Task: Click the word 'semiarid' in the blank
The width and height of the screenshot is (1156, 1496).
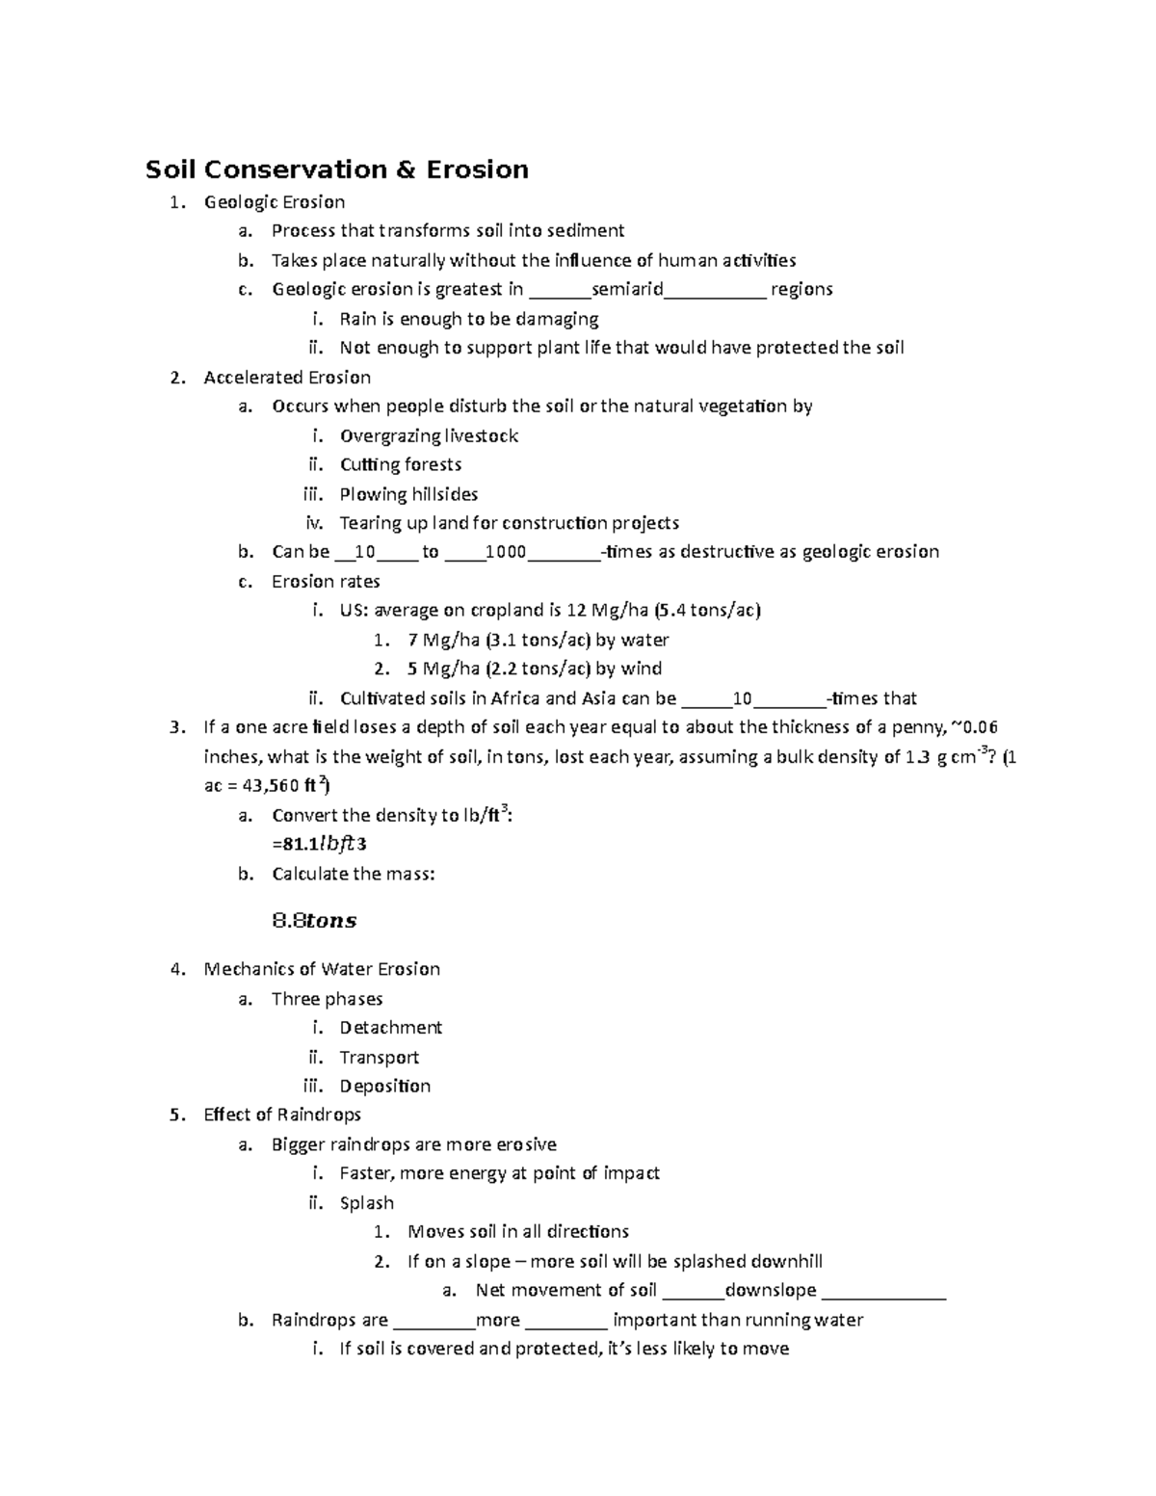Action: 627,289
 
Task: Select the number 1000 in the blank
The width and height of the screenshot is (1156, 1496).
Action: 506,552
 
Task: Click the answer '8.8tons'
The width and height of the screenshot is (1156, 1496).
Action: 315,921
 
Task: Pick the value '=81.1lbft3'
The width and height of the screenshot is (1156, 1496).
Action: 319,845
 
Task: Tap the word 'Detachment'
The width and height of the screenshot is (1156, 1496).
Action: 390,1028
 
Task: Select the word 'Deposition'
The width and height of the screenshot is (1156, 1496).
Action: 384,1086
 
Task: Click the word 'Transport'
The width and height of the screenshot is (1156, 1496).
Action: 379,1058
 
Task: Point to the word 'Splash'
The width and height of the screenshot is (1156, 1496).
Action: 366,1203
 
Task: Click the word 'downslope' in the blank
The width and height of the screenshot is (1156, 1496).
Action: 770,1291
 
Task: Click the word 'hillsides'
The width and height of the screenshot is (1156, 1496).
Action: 444,494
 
